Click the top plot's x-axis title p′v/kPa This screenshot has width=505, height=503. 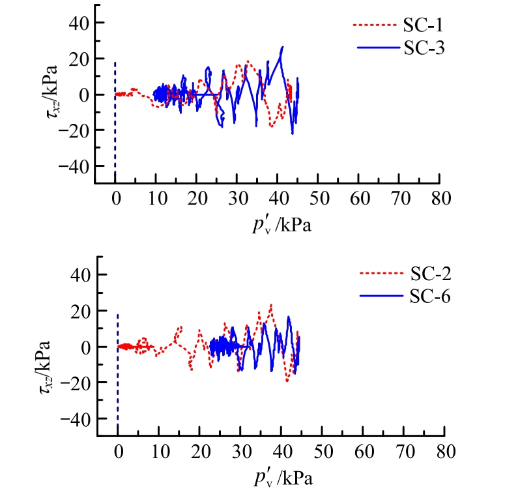pyautogui.click(x=280, y=224)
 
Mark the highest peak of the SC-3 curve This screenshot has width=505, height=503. pyautogui.click(x=282, y=47)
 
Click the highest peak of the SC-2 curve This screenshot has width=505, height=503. pyautogui.click(x=270, y=305)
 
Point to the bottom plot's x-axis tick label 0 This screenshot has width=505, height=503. pyautogui.click(x=117, y=450)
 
